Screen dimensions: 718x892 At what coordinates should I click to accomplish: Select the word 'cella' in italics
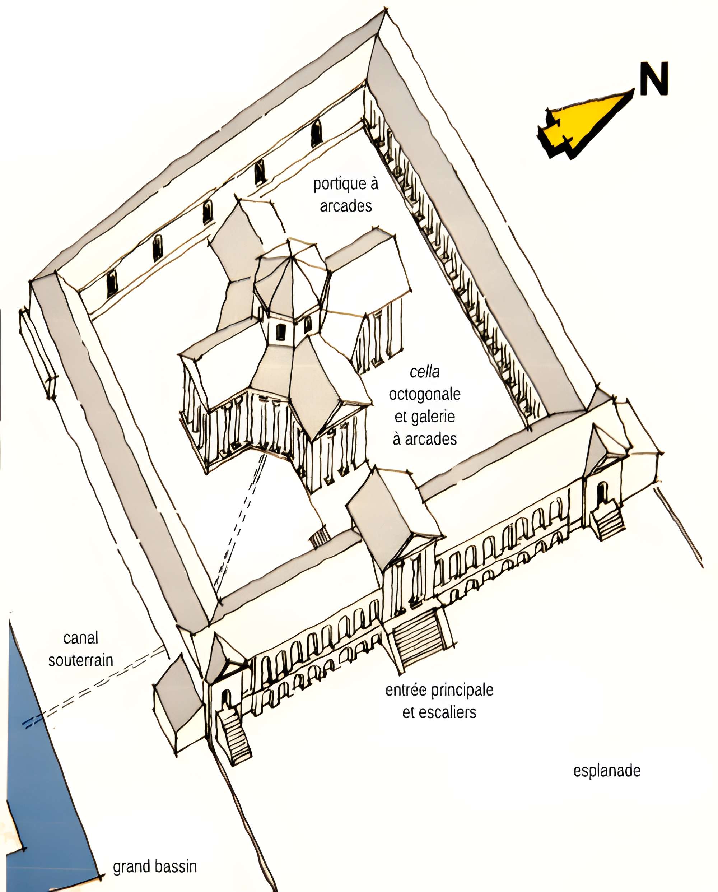click(425, 372)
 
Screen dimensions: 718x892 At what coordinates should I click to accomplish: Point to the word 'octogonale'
click(425, 394)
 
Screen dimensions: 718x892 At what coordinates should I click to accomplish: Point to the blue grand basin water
click(46, 765)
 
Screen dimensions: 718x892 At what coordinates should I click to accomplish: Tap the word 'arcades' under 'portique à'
click(346, 206)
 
